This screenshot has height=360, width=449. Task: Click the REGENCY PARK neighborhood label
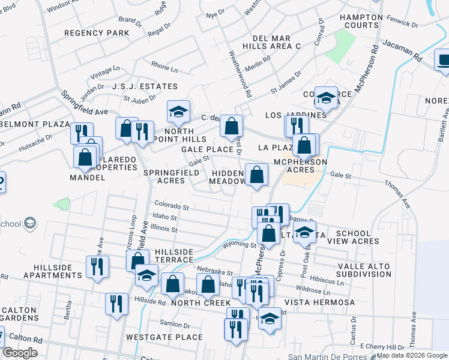(x=96, y=33)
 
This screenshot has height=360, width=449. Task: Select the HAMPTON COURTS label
(x=360, y=21)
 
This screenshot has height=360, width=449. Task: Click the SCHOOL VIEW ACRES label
(x=357, y=237)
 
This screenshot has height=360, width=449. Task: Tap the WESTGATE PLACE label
(x=164, y=337)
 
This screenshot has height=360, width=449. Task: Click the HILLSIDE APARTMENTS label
(x=41, y=271)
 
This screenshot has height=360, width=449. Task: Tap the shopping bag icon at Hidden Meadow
(x=256, y=175)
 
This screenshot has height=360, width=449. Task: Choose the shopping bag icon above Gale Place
(x=231, y=126)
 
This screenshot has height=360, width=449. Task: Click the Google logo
(x=20, y=353)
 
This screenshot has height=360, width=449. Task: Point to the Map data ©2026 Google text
(x=412, y=355)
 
